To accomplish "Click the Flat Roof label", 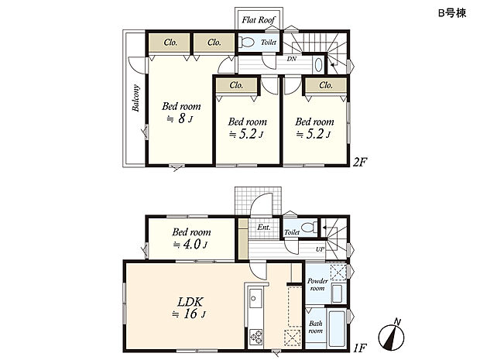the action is point(259,20).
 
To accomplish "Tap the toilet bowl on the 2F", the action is point(246,42).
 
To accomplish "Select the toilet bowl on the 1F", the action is point(309,228).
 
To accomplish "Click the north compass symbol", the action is point(392,336).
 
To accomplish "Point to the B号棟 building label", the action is point(452,13).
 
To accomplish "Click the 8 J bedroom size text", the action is point(180,118).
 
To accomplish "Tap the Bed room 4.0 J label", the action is point(191,238).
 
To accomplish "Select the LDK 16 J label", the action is point(190,308).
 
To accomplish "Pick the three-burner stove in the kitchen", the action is point(256,337).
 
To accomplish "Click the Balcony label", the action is point(135,98).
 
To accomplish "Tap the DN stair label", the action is point(292,59).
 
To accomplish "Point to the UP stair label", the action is point(320,249).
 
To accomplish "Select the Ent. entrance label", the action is point(264,227).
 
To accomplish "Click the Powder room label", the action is point(317,284).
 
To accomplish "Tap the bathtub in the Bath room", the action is point(337,328).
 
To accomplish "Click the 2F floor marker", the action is point(359,162).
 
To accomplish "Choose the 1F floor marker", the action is point(360,348).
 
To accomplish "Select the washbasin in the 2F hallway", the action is point(318,65).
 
